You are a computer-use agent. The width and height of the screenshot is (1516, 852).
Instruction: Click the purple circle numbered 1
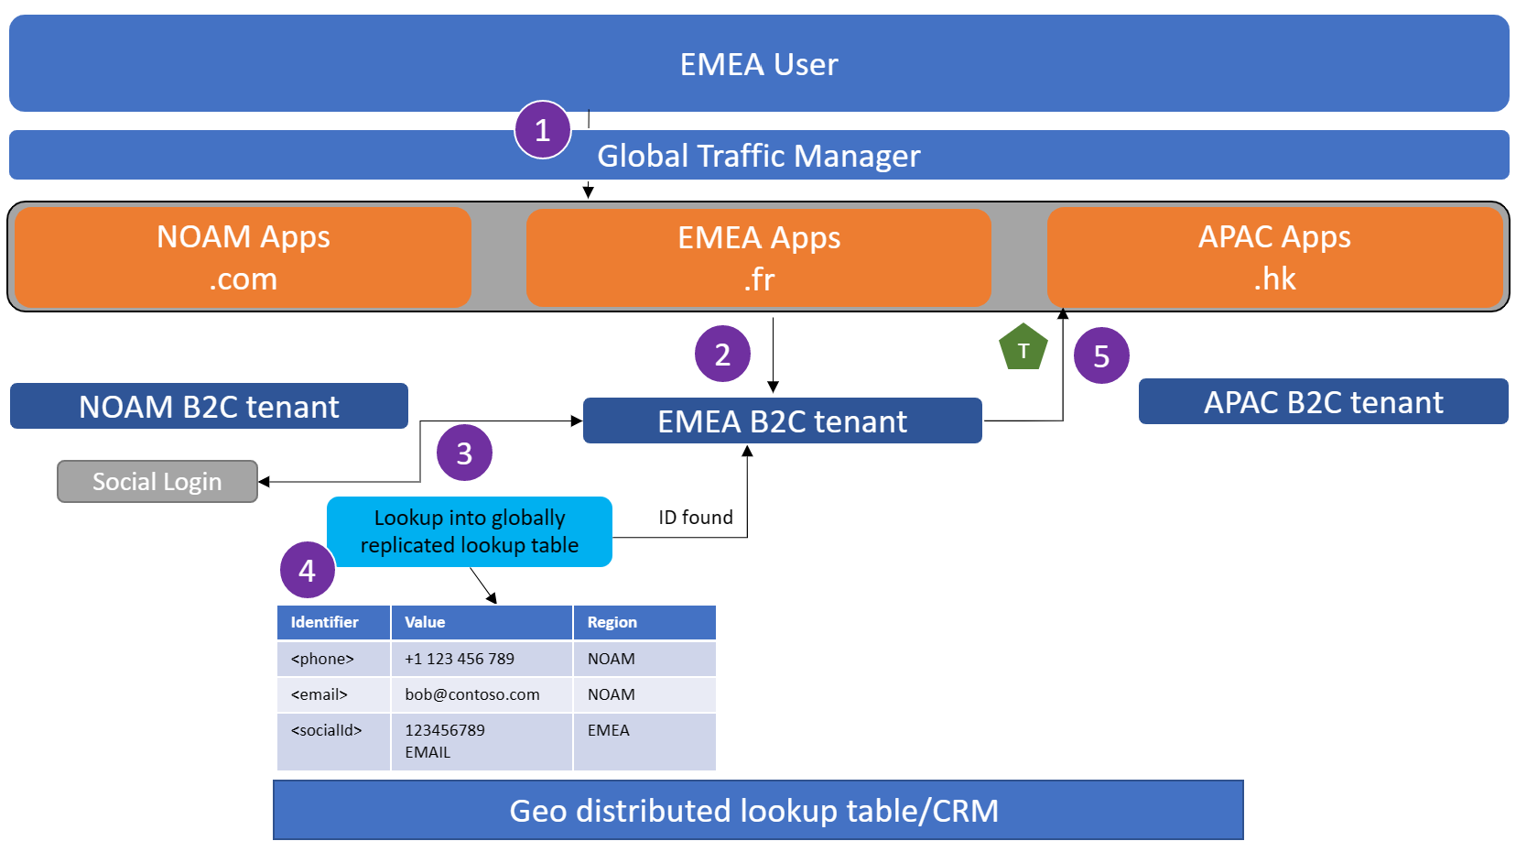pos(543,130)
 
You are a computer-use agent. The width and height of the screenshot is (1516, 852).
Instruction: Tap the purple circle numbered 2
pos(722,354)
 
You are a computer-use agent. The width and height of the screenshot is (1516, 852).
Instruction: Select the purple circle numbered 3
pos(464,453)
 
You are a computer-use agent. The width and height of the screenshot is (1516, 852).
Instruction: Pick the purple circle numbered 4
pos(308,570)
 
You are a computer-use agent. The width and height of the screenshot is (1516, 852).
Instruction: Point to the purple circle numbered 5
pos(1101,355)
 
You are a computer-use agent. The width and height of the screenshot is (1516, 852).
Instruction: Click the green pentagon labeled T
pos(1023,348)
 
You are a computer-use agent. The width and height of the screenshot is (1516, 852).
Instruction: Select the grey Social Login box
pos(157,482)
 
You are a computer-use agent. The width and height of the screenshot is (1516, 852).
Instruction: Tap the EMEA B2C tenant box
pos(782,421)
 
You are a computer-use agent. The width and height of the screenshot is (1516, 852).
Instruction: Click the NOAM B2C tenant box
pos(209,406)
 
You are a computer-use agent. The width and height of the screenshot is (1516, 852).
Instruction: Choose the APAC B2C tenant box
pos(1323,402)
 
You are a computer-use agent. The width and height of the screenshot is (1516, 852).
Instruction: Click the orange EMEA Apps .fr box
pos(759,257)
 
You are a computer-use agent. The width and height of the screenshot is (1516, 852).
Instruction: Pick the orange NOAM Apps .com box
pos(244,257)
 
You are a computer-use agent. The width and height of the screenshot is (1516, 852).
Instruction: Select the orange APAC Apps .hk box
pos(1274,257)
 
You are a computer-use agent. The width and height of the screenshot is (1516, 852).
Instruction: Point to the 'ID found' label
pos(696,518)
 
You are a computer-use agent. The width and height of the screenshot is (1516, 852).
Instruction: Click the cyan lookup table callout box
pos(470,531)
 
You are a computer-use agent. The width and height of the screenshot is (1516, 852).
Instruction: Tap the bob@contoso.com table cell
pos(472,694)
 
